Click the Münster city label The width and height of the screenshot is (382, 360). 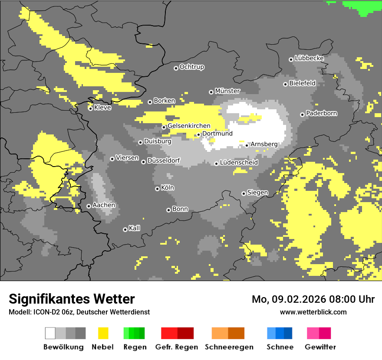227,91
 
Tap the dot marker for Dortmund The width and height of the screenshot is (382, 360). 199,134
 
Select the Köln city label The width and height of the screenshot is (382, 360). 168,188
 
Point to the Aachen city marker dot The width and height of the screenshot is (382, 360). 89,206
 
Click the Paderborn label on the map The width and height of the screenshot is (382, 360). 322,114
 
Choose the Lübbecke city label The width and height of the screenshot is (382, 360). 310,58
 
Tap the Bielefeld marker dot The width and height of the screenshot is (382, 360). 286,84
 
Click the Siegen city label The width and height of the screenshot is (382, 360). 257,193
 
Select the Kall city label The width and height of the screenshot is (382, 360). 135,228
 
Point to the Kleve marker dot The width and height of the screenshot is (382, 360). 91,108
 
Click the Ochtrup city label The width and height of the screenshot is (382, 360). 192,67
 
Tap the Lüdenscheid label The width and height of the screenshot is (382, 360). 239,163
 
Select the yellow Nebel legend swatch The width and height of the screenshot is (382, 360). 103,333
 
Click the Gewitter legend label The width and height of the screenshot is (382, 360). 320,347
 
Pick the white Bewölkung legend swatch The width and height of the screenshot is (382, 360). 50,333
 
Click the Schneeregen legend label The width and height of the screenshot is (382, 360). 229,347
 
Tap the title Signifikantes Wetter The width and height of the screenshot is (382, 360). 72,299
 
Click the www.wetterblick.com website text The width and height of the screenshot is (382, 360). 313,312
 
